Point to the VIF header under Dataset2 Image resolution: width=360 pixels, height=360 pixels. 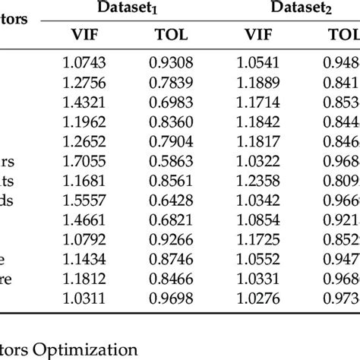pyautogui.click(x=257, y=35)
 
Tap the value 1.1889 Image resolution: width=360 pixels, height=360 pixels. pyautogui.click(x=257, y=81)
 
